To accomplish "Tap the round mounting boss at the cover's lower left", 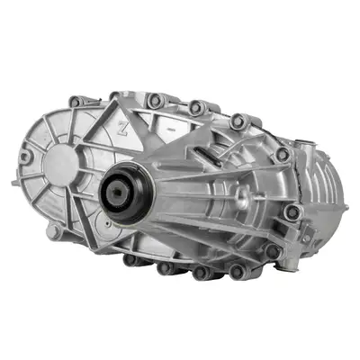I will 56,232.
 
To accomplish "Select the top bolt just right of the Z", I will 155,101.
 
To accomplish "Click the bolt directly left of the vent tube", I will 281,154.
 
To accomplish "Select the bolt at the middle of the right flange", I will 292,213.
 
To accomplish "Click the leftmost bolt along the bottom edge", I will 130,259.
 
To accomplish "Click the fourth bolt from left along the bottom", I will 236,270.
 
